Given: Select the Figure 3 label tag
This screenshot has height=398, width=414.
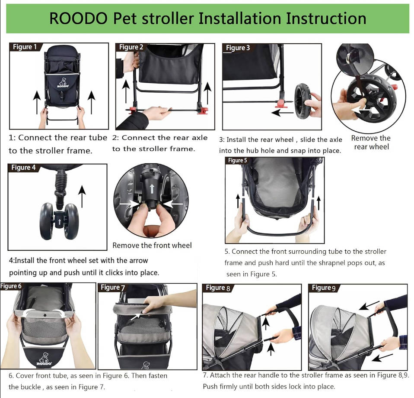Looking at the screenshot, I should pyautogui.click(x=238, y=48).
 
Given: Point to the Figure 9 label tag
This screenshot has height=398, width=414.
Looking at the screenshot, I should pyautogui.click(x=324, y=288).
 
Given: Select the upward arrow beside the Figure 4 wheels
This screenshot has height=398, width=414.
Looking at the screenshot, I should pyautogui.click(x=82, y=191).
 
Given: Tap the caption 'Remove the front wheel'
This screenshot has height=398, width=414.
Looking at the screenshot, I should pyautogui.click(x=152, y=246).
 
